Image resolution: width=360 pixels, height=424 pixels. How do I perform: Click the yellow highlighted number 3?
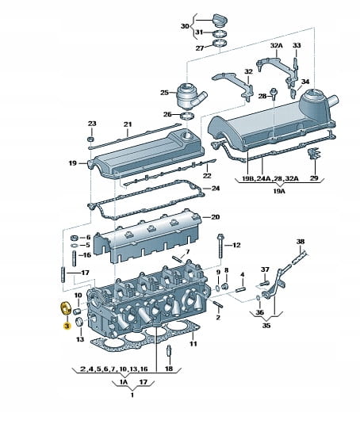tap(67, 326)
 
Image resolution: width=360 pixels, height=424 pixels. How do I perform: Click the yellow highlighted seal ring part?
tap(66, 308)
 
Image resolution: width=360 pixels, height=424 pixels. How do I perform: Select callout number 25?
tap(164, 93)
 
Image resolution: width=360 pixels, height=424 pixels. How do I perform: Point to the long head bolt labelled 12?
tap(220, 246)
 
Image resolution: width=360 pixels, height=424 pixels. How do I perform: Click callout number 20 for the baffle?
tap(216, 217)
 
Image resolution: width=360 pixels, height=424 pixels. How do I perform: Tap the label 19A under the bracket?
tap(279, 191)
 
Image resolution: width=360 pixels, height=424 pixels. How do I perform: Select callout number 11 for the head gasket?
tap(193, 344)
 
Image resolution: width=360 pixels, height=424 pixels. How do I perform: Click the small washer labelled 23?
tap(91, 139)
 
